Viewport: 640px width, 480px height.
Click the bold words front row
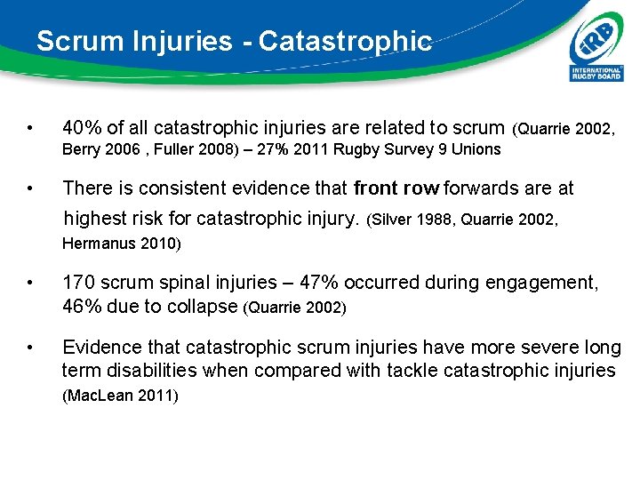click(x=396, y=188)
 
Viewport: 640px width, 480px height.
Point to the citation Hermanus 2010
click(x=121, y=244)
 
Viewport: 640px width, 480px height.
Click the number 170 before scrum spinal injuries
click(x=76, y=283)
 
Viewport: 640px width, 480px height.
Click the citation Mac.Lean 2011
click(x=120, y=396)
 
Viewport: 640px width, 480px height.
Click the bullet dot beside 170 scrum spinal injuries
click(x=31, y=284)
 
